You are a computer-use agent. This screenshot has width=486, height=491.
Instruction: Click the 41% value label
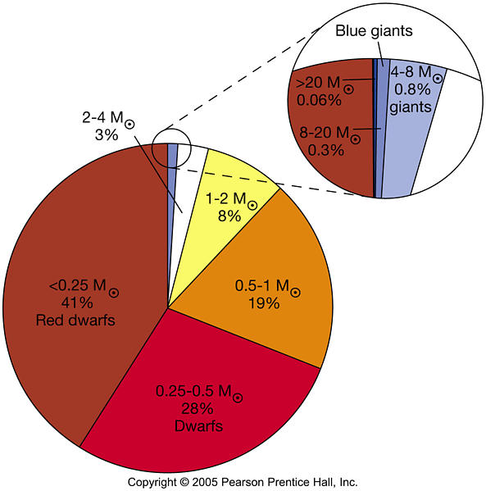coord(77,302)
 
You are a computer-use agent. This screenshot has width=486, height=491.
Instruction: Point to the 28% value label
coord(198,409)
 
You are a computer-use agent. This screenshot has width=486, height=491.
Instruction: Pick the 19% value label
coord(264,303)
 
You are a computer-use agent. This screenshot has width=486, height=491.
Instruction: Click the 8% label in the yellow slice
coord(229,216)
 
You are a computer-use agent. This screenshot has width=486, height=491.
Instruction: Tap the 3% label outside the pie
coord(107,135)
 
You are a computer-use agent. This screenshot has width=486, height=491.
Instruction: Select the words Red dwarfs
coord(75,321)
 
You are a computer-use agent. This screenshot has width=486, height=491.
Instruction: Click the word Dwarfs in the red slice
coord(199,426)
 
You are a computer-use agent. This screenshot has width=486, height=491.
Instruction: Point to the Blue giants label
coord(374,30)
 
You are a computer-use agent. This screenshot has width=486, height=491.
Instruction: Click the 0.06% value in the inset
coord(319,101)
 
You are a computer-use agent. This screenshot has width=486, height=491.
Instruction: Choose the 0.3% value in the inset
coord(326,150)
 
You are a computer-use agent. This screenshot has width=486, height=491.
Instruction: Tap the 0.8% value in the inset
coord(412,89)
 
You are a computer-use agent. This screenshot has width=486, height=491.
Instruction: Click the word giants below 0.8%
coord(411,107)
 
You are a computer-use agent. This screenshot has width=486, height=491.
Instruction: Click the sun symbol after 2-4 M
coord(129,125)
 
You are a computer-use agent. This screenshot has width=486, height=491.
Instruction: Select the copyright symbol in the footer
coord(184,482)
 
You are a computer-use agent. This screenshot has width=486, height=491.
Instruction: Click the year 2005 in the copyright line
coord(205,482)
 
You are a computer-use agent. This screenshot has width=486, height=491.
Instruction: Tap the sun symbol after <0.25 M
coord(114,293)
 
